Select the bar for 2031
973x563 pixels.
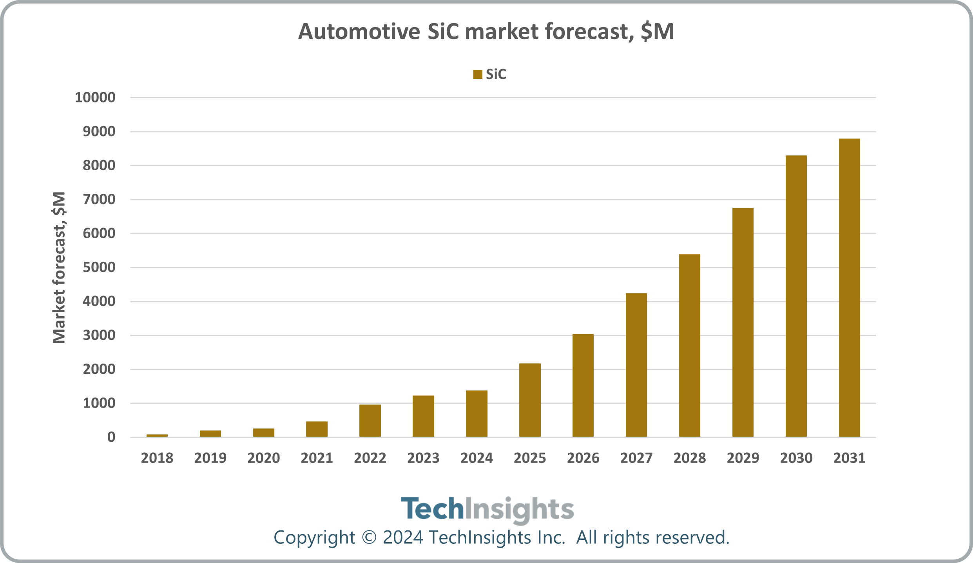[x=849, y=288]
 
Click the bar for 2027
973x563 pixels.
[x=636, y=365]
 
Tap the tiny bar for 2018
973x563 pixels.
[x=157, y=435]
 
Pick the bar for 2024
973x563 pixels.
[x=477, y=414]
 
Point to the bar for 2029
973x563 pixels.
[x=743, y=322]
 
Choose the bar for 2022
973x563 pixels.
[x=370, y=421]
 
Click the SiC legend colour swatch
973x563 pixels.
[x=478, y=75]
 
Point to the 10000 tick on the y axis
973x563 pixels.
[x=95, y=97]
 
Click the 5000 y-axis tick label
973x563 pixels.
[x=99, y=268]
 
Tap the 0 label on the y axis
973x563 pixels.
[x=111, y=437]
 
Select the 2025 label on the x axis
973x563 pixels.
[x=530, y=458]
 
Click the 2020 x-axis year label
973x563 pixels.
[x=263, y=458]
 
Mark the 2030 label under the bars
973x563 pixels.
[x=796, y=458]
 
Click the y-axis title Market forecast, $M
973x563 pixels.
[x=59, y=268]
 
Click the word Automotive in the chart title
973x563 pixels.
[x=359, y=31]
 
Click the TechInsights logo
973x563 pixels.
[x=487, y=509]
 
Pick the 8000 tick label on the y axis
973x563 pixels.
[x=99, y=166]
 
